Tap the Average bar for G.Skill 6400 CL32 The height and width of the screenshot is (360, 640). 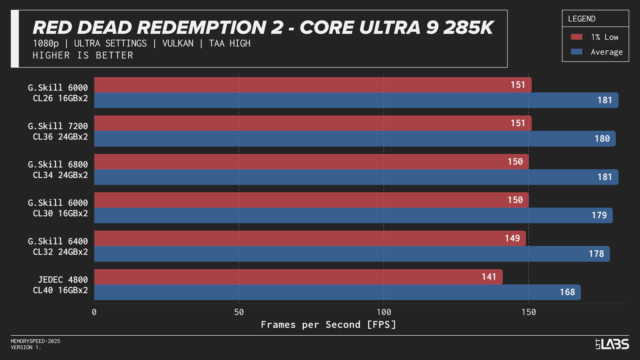[x=352, y=254]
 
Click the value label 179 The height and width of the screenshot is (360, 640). [x=599, y=215]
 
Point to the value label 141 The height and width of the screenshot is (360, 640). [x=489, y=277]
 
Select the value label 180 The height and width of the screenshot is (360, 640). [x=602, y=139]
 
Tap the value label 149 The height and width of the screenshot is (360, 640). [x=512, y=238]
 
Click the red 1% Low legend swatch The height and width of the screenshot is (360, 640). [x=576, y=37]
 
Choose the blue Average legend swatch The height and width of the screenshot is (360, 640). [x=576, y=52]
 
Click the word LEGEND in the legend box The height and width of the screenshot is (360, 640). [x=581, y=19]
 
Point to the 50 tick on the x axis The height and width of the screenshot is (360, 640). [x=239, y=312]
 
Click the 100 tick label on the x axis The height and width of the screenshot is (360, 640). [x=384, y=312]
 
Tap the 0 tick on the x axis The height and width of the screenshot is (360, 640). [x=94, y=312]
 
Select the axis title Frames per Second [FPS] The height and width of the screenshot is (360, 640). [x=329, y=324]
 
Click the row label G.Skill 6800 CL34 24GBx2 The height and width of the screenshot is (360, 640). [x=58, y=170]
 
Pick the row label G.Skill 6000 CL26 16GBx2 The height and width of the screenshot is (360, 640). [x=58, y=93]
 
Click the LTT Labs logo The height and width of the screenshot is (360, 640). [x=612, y=344]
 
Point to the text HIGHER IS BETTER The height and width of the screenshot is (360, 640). [x=83, y=55]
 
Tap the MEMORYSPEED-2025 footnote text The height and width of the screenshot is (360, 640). [x=36, y=341]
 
